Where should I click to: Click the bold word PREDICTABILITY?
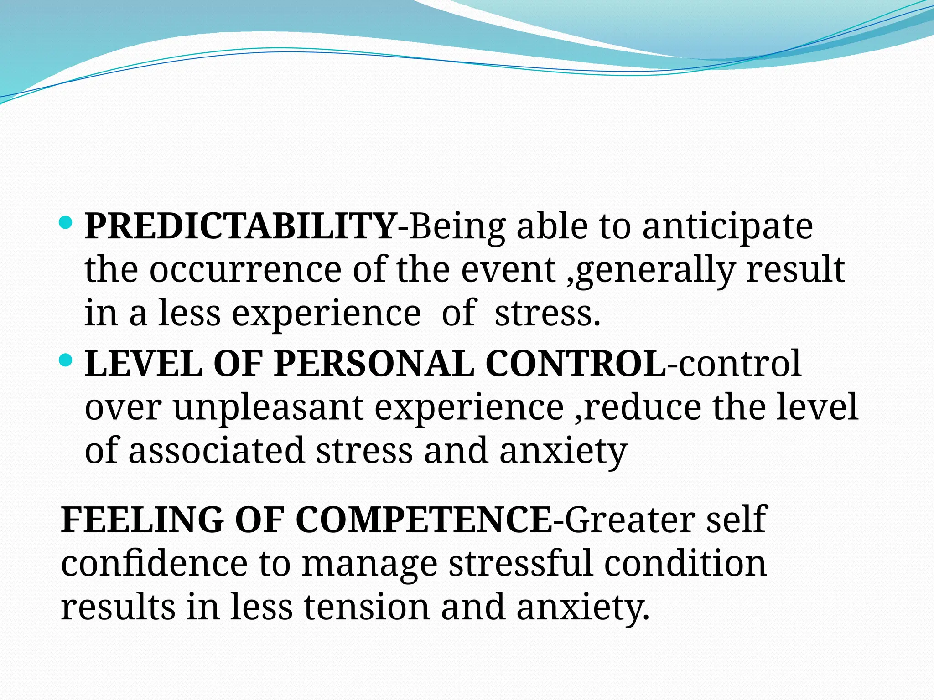coord(240,226)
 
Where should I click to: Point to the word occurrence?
coord(245,270)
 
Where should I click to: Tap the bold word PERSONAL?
coord(374,364)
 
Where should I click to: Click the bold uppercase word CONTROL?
coord(575,364)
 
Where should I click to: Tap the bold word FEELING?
coord(142,520)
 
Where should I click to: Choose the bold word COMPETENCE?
coord(424,520)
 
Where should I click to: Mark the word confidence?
coord(154,563)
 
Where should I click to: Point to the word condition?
coord(685,563)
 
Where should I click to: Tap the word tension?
coord(367,607)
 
